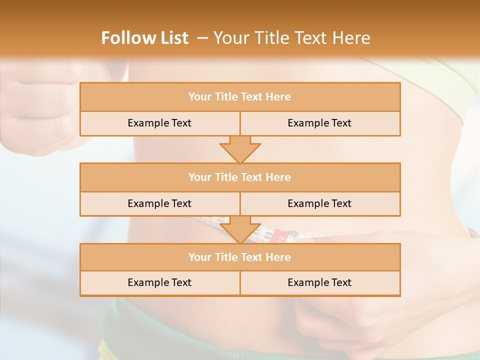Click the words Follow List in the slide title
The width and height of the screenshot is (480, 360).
pos(145,38)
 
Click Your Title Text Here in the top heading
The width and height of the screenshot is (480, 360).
pos(292,38)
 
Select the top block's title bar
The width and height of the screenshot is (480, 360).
pos(239,97)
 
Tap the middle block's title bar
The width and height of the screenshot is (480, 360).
pos(239,177)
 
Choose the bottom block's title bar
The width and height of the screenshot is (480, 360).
pos(239,257)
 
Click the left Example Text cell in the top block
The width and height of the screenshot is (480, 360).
pos(159,123)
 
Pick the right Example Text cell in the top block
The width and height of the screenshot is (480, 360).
pos(319,123)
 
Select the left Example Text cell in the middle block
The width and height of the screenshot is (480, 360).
pos(159,203)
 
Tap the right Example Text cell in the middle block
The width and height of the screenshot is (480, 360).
pos(319,203)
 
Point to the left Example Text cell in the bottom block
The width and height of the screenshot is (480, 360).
pos(159,282)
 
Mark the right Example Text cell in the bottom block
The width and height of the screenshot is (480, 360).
pos(319,282)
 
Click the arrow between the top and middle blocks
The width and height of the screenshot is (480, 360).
pos(240,149)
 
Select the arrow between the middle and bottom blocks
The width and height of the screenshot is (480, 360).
pos(240,229)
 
